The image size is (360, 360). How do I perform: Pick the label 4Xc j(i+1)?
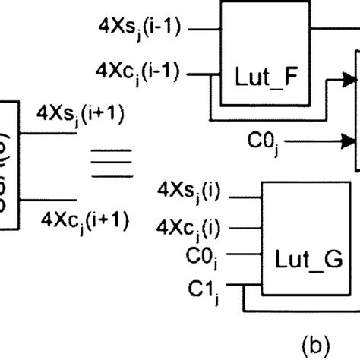[80, 220]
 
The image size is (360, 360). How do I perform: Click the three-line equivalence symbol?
[106, 166]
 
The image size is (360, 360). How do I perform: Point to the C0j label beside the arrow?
[265, 141]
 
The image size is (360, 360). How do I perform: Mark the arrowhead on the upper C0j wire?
[349, 140]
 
